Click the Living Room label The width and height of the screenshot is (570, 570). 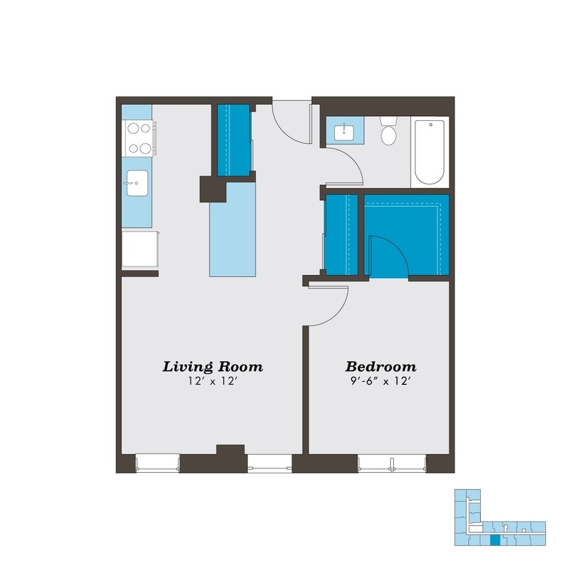pyautogui.click(x=212, y=367)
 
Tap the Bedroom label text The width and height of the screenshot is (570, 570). pyautogui.click(x=380, y=367)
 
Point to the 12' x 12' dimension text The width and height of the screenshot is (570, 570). pyautogui.click(x=212, y=382)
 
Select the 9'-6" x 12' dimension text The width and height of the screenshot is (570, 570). pyautogui.click(x=380, y=382)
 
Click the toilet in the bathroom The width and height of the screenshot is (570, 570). pyautogui.click(x=388, y=133)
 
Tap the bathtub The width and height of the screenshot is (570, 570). pyautogui.click(x=430, y=151)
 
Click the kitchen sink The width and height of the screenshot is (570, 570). pyautogui.click(x=136, y=182)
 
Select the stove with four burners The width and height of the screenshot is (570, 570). pyautogui.click(x=138, y=138)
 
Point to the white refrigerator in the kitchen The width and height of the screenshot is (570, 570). pyautogui.click(x=140, y=250)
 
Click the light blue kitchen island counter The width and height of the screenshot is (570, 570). pyautogui.click(x=234, y=230)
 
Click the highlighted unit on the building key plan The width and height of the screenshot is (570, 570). pyautogui.click(x=495, y=540)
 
